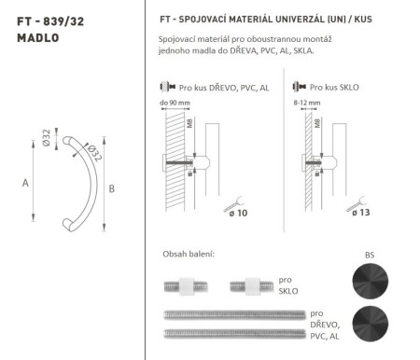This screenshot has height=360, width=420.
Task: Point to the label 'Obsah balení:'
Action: [x=189, y=254]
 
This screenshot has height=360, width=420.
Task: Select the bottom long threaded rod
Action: [x=232, y=332]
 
